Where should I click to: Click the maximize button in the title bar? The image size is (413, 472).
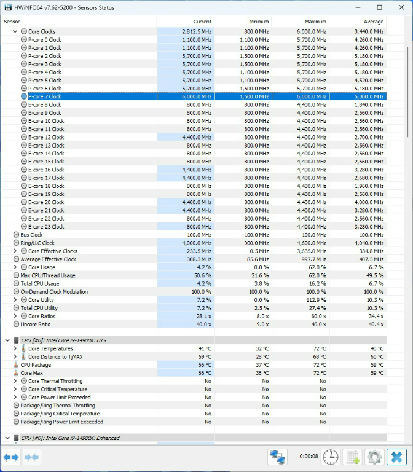tap(379, 7)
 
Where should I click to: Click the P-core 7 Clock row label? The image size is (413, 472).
tap(45, 96)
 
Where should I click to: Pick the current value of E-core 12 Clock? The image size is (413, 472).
tap(199, 137)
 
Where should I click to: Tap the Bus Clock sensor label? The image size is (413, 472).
tap(31, 235)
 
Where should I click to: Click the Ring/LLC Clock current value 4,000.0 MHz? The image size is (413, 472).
tap(198, 243)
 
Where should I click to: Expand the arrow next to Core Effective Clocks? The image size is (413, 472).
tap(15, 251)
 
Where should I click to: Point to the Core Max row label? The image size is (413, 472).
tap(31, 372)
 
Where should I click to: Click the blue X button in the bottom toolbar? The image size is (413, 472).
tap(396, 457)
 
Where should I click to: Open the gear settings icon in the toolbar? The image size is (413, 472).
tap(374, 457)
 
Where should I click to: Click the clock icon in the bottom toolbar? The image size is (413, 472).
tap(331, 457)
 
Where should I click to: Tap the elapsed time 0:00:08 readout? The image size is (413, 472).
tap(309, 457)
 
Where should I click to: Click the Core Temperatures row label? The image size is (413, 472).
tap(50, 348)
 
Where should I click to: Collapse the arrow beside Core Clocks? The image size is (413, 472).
tap(15, 31)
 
